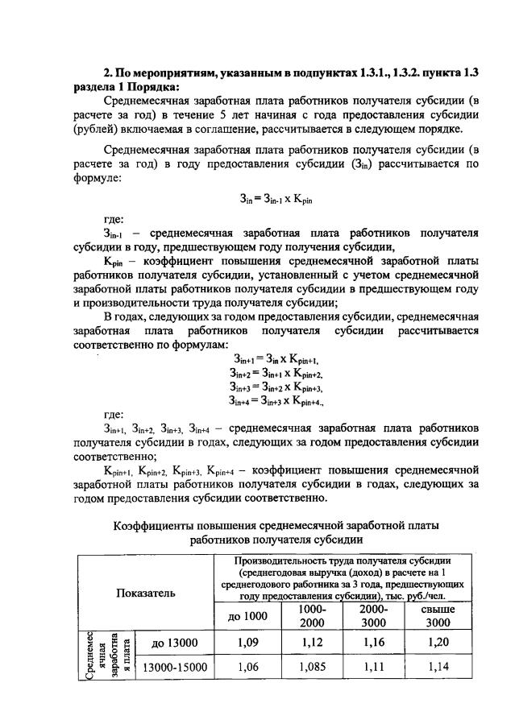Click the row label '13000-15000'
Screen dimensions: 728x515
pyautogui.click(x=175, y=668)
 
